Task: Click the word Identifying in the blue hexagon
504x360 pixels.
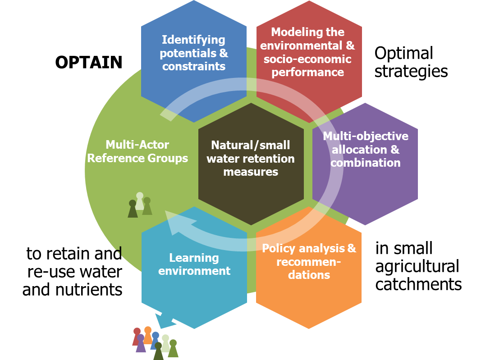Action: (194, 40)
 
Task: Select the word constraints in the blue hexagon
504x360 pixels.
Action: (194, 66)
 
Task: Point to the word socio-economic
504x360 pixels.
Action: (307, 59)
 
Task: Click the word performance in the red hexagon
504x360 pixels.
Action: (308, 72)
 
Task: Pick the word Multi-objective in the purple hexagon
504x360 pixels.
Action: (366, 136)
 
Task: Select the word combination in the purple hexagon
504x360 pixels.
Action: (366, 163)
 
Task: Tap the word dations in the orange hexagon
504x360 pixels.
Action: (309, 274)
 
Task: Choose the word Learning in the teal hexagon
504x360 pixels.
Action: (194, 258)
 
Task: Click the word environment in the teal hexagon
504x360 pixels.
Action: (194, 271)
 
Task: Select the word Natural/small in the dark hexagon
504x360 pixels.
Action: (251, 145)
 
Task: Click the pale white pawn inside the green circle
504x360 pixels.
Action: (140, 201)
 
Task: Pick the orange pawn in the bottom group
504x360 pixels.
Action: (148, 335)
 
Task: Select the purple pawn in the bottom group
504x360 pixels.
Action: (141, 343)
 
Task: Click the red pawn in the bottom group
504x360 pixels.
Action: (136, 336)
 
